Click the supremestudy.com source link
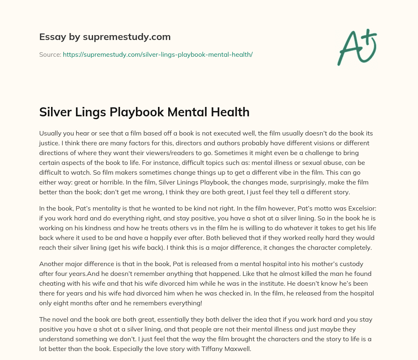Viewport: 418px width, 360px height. (x=158, y=54)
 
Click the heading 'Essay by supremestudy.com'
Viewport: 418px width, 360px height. (x=104, y=37)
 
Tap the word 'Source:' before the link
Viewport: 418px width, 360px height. (x=50, y=54)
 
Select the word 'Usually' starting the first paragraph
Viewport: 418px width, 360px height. (x=50, y=133)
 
